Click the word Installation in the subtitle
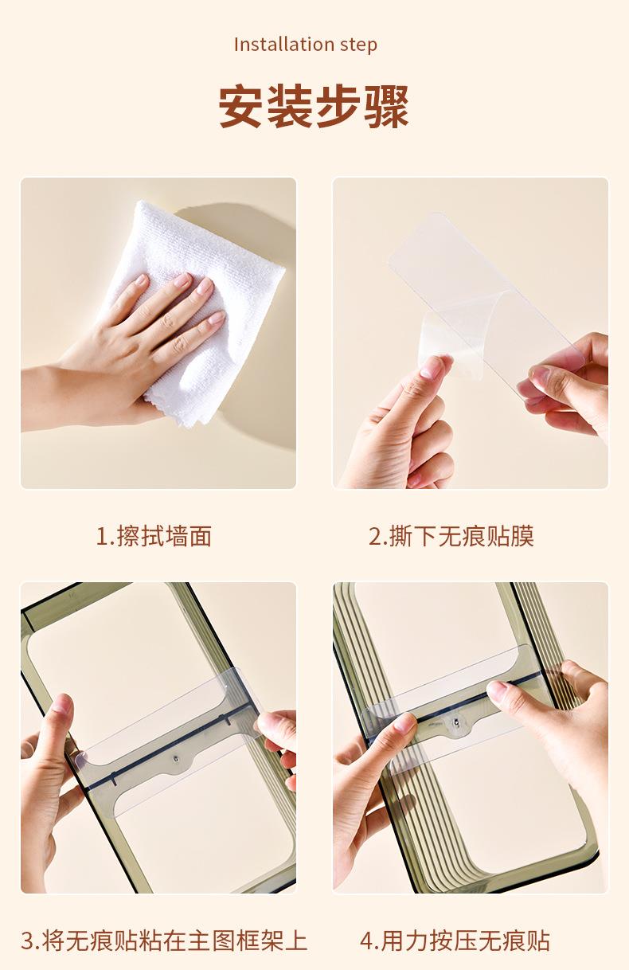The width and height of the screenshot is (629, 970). point(284,44)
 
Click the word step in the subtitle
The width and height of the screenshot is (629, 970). point(359,45)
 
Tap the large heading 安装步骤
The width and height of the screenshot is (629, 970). point(314,107)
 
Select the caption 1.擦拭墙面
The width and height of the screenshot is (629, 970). point(154,536)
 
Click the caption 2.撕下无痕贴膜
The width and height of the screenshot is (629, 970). point(451,536)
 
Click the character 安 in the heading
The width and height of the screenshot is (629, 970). point(241,107)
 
